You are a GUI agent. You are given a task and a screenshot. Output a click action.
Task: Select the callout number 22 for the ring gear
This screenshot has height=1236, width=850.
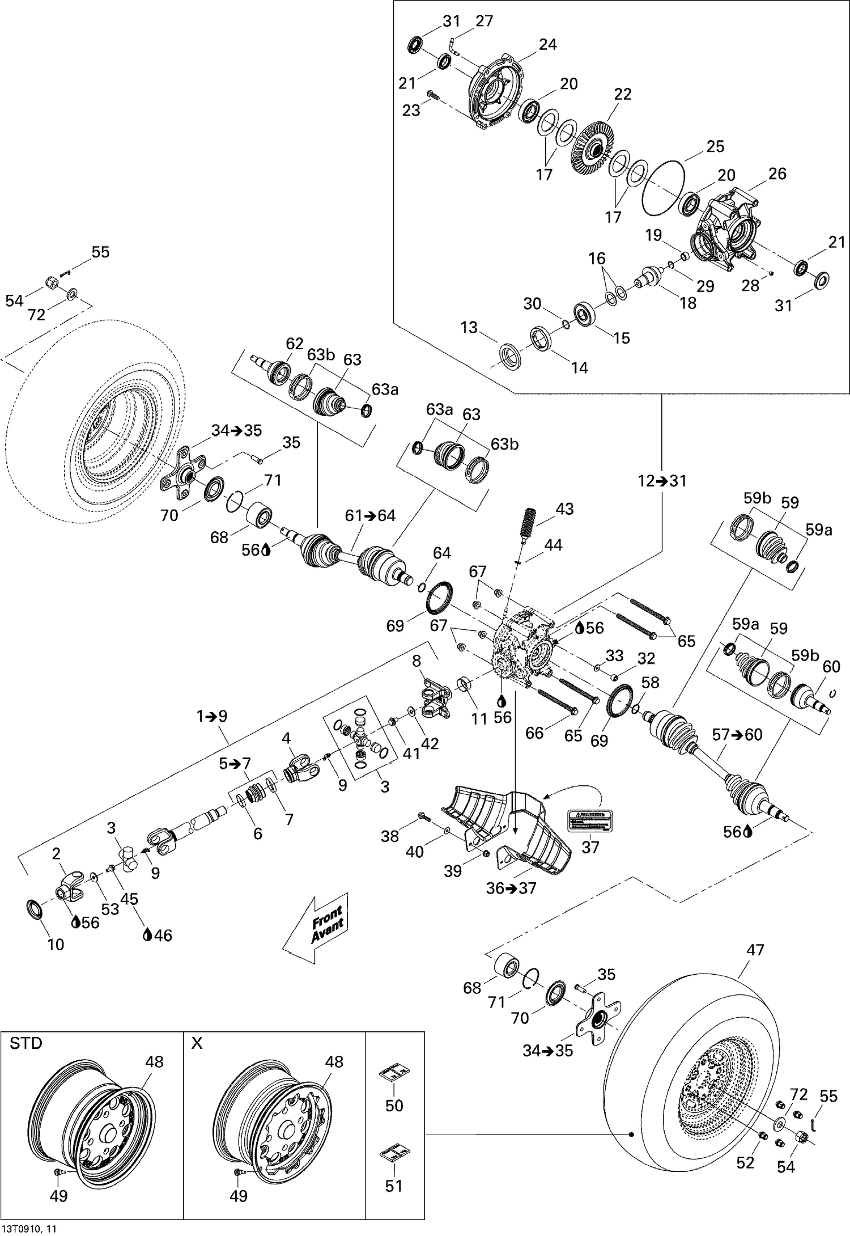622,94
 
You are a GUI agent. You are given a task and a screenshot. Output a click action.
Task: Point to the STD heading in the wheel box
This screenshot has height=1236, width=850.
26,1043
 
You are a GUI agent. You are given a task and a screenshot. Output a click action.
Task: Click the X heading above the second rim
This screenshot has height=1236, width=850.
197,1043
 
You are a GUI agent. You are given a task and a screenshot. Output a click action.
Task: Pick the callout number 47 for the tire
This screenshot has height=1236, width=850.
755,949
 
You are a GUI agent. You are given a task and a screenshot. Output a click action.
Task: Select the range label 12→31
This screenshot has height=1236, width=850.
662,481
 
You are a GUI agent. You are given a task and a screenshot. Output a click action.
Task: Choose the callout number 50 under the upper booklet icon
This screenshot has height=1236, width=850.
394,1105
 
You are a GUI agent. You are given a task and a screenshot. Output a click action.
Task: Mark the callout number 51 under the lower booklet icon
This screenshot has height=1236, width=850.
394,1186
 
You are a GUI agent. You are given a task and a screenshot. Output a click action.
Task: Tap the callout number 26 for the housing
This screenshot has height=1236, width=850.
777,173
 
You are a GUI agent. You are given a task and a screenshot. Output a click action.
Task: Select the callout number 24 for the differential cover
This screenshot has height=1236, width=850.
547,44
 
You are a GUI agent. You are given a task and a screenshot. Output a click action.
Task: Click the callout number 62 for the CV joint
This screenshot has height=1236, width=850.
295,344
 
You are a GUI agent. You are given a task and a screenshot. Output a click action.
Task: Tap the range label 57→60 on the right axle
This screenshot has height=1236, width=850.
737,735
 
